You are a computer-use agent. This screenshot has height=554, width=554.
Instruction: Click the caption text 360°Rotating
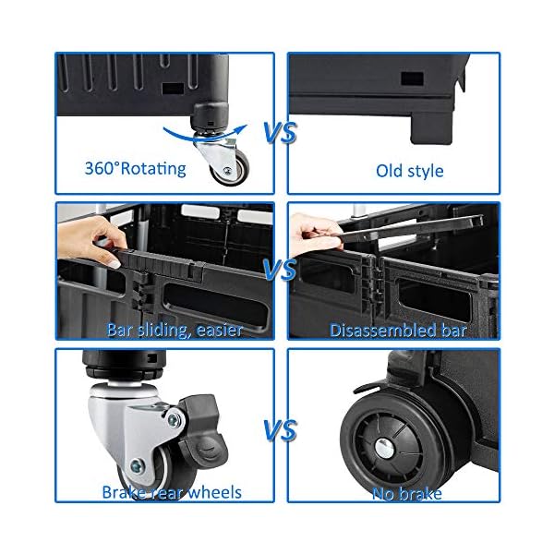tap(135, 168)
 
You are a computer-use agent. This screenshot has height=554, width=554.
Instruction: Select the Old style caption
tap(409, 171)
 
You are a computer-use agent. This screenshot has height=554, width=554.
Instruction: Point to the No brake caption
tap(406, 493)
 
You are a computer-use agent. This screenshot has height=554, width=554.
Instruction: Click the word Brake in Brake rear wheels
tap(123, 493)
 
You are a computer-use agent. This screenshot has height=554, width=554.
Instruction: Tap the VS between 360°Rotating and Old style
tap(280, 133)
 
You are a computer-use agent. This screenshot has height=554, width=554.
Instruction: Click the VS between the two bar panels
tap(280, 271)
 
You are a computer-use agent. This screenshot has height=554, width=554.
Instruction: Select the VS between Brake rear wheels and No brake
tap(280, 430)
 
